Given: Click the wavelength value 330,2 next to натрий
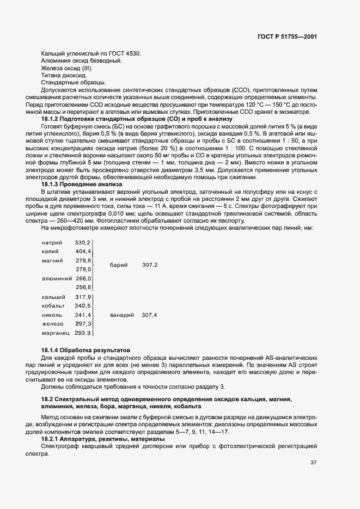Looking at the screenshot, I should (83, 242).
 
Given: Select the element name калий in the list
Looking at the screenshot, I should (50, 252).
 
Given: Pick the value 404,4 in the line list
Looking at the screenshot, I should (83, 252).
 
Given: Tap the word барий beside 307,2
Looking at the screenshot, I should (118, 265).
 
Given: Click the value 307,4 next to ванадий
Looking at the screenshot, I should (149, 315).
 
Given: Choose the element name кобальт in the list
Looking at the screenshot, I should (53, 306).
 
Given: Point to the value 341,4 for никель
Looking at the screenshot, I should (83, 315).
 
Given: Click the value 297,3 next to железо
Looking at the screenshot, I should (83, 324).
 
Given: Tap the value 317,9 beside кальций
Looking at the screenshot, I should (83, 297).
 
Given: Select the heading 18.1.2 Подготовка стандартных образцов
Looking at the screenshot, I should (137, 118).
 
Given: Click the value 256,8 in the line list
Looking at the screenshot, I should (83, 287).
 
